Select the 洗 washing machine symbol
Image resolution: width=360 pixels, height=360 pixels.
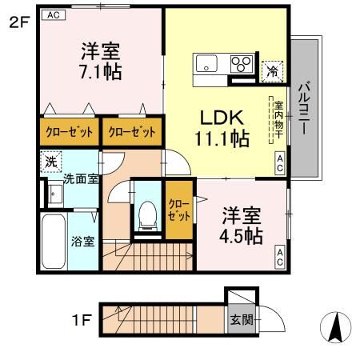(x=50, y=160)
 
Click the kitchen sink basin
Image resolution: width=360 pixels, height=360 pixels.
(x=203, y=64)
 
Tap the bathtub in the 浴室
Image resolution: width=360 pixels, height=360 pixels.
(x=54, y=242)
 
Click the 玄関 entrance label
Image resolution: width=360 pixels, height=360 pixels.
(x=241, y=319)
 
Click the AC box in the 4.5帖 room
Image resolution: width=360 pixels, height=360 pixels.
(x=280, y=258)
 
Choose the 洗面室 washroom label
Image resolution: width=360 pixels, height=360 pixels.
(x=81, y=179)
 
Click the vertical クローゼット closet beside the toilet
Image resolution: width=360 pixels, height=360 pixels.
(x=178, y=210)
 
